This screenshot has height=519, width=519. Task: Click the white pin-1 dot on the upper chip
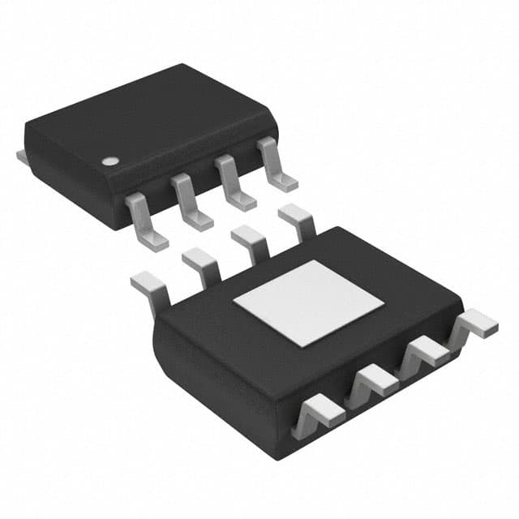tap(109, 161)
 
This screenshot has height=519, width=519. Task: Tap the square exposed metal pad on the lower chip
tap(309, 302)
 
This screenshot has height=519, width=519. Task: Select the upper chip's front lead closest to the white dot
tap(144, 220)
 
